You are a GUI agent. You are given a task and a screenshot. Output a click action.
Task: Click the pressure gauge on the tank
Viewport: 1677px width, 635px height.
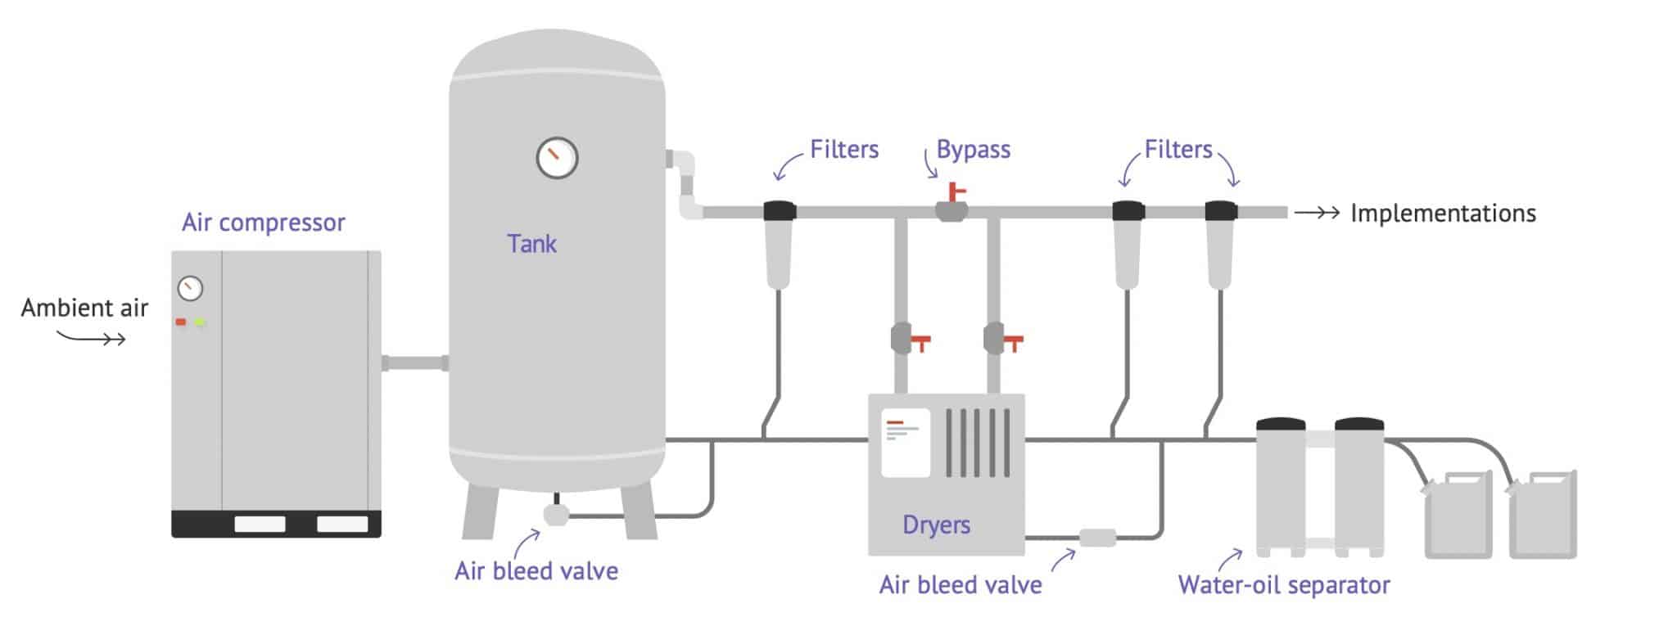click(557, 158)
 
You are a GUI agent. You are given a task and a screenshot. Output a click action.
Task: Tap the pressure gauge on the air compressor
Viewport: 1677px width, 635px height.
click(190, 288)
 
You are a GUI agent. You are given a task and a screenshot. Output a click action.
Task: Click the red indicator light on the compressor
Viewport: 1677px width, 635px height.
click(181, 322)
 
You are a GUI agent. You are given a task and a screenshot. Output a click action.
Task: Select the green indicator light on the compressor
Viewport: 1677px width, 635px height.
click(199, 322)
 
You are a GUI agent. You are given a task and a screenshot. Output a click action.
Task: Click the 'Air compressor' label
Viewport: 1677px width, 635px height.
click(263, 223)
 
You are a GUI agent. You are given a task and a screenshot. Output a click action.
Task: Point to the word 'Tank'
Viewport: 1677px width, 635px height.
click(531, 244)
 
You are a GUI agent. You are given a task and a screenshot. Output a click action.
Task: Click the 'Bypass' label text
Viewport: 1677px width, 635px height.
click(973, 150)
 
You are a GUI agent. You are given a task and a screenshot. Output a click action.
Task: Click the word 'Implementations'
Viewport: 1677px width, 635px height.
click(1443, 214)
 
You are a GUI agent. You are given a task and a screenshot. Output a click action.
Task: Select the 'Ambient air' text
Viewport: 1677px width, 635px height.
click(84, 308)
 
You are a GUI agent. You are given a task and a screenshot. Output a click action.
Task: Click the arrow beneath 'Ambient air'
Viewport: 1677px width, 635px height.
click(92, 337)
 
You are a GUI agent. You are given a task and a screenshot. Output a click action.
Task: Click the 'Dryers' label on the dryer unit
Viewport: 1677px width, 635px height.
click(936, 525)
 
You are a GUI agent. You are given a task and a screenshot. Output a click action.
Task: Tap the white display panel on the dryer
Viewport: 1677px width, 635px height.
click(905, 443)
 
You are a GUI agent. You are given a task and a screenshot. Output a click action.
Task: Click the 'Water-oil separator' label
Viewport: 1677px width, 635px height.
click(1283, 585)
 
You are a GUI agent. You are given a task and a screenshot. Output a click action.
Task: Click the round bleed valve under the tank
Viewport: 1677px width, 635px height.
click(556, 514)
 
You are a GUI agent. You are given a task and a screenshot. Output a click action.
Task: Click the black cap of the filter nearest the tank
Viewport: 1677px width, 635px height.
click(779, 211)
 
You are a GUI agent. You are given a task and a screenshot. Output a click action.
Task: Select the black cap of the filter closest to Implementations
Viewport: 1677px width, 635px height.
click(1221, 211)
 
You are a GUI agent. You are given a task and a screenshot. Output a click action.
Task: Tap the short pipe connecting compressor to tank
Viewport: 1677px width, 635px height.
click(414, 363)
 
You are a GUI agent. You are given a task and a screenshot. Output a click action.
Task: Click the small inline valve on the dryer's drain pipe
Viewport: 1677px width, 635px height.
click(1097, 538)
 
